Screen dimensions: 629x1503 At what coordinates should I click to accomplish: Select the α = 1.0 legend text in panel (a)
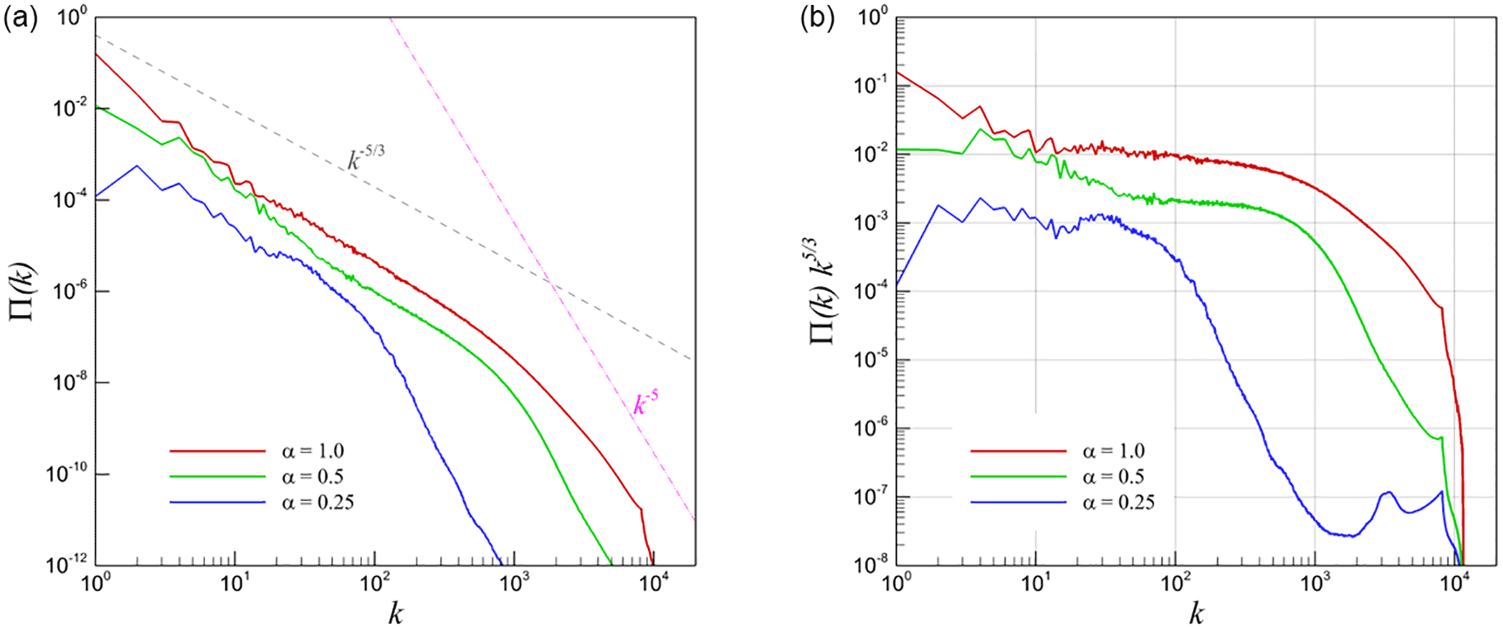coord(313,451)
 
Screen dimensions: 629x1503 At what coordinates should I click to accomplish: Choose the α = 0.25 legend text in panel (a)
coord(318,502)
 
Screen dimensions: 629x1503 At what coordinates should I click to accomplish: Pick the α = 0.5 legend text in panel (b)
coord(1113,476)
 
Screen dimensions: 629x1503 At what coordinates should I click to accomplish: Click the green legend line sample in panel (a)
coord(217,476)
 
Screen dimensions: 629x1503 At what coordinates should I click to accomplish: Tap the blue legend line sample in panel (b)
coord(1018,502)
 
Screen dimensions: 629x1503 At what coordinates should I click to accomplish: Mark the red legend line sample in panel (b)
coord(1018,451)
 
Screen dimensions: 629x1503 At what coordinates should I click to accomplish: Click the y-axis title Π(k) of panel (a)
coord(23,292)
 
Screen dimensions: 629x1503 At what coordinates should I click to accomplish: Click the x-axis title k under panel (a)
coord(395,614)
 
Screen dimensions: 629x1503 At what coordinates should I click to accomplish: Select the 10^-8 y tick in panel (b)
coord(869,566)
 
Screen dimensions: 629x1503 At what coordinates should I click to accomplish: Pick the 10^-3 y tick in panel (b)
coord(869,223)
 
